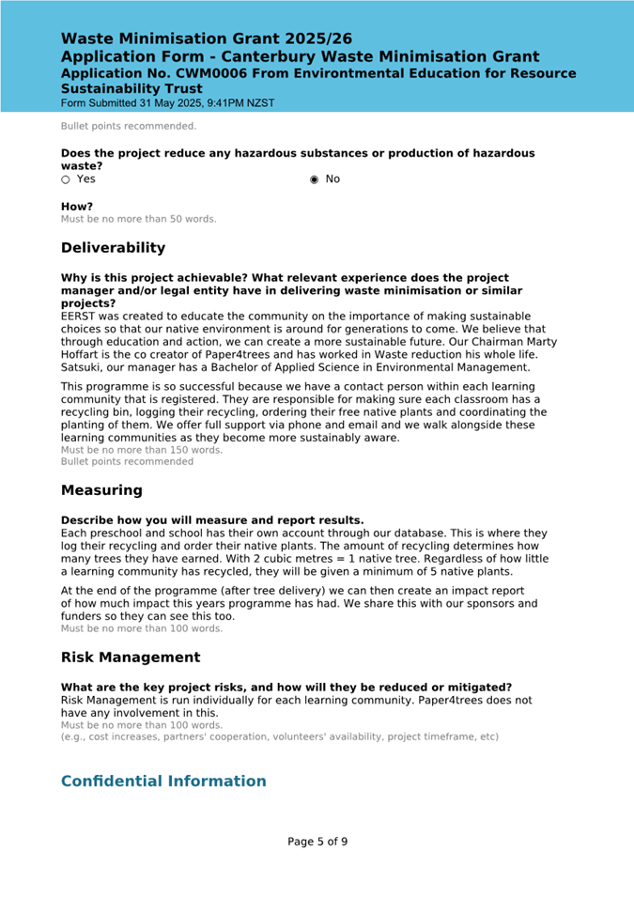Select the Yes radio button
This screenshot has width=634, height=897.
(x=66, y=179)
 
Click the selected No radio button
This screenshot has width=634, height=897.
(x=315, y=179)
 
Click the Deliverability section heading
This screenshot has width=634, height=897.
(x=113, y=248)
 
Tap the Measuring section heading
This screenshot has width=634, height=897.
(x=101, y=490)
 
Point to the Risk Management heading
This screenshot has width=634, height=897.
(x=131, y=657)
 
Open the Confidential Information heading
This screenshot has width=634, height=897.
(x=163, y=781)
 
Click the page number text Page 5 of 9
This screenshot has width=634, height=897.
(x=317, y=842)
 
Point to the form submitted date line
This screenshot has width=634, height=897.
(x=168, y=103)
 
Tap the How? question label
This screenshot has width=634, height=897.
(x=77, y=207)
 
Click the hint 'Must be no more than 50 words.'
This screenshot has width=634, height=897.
(x=139, y=220)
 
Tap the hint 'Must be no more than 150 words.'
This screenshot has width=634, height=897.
(x=142, y=450)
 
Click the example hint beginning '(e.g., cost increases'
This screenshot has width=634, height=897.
(x=280, y=737)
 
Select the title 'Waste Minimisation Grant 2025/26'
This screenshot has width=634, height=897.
(x=207, y=39)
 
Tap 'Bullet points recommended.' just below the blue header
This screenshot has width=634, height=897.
(x=129, y=126)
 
